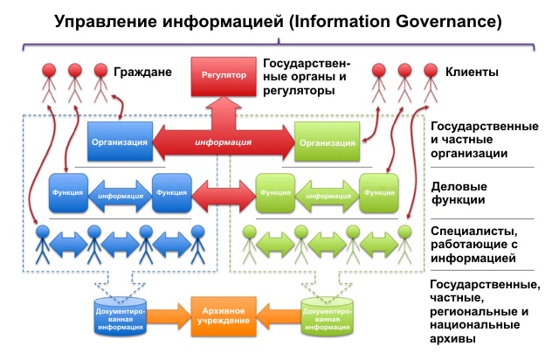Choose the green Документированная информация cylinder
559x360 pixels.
(x=329, y=315)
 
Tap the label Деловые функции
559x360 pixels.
(x=459, y=193)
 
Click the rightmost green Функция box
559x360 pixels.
(x=377, y=192)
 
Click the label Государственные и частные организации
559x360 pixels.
(x=482, y=140)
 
